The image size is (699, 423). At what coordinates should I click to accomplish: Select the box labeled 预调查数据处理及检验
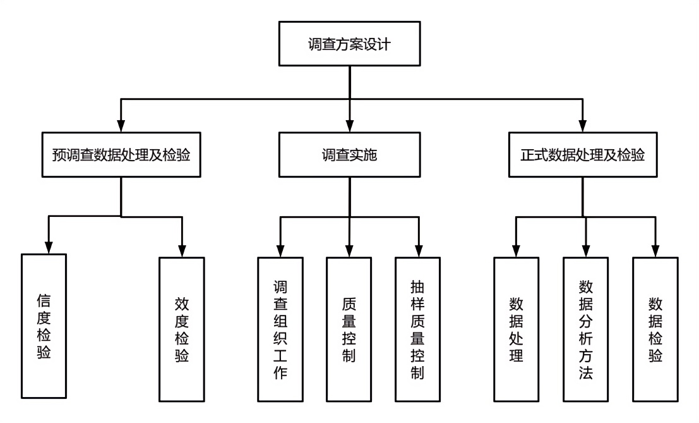pyautogui.click(x=121, y=154)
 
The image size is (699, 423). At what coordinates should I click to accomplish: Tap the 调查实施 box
pyautogui.click(x=349, y=154)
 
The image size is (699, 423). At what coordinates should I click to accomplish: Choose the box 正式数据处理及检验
pyautogui.click(x=582, y=154)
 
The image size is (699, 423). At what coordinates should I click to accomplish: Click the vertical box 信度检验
pyautogui.click(x=44, y=326)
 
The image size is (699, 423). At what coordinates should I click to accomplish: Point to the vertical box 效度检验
pyautogui.click(x=181, y=329)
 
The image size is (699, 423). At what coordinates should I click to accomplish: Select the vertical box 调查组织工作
pyautogui.click(x=280, y=329)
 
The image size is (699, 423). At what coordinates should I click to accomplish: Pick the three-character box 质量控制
pyautogui.click(x=349, y=329)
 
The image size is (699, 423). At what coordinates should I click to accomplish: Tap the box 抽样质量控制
pyautogui.click(x=417, y=329)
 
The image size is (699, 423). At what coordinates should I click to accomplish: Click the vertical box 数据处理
pyautogui.click(x=517, y=329)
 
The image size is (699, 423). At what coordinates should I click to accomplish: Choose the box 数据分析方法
pyautogui.click(x=585, y=329)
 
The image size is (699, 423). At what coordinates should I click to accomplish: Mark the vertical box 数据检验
pyautogui.click(x=655, y=329)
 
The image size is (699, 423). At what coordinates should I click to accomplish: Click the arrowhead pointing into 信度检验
pyautogui.click(x=48, y=248)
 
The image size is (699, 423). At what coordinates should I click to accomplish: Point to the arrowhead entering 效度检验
pyautogui.click(x=182, y=252)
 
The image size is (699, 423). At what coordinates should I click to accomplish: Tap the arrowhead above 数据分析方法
pyautogui.click(x=586, y=252)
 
